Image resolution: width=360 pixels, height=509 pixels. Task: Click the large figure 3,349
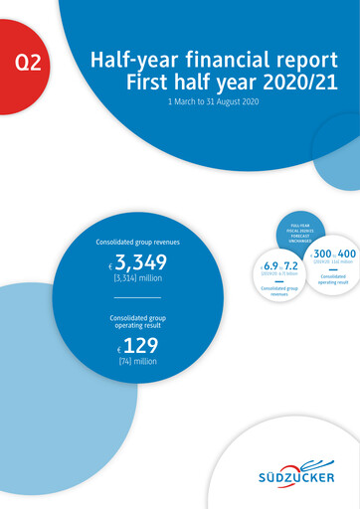pos(140,263)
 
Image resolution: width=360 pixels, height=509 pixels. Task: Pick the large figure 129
pos(140,347)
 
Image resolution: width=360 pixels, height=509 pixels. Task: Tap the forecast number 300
pos(323,254)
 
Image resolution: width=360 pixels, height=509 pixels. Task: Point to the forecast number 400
pos(347,254)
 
